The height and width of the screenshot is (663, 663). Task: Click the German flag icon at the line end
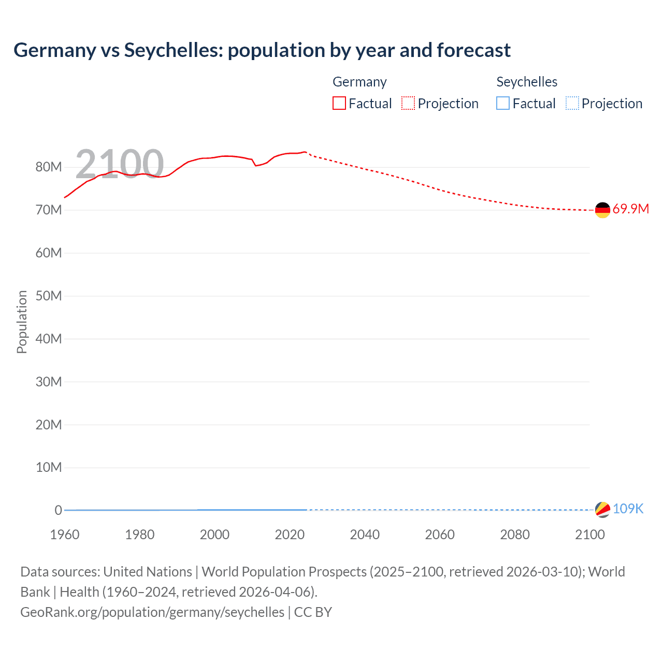coord(602,210)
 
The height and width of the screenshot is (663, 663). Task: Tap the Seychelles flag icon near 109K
coord(602,509)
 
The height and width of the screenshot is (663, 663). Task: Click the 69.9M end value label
coord(630,209)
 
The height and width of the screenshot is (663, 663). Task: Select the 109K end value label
coord(628,509)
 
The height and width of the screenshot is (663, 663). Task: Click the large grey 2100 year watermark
coord(120,164)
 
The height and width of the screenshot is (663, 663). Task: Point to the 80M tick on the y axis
coord(49,167)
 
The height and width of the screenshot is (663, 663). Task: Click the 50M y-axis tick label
coord(49,296)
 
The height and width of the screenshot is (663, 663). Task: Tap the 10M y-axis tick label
coord(49,467)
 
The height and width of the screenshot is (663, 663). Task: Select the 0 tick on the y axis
coord(58,510)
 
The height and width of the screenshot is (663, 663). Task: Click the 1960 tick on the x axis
coord(65,535)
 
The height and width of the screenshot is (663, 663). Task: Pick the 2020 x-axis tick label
coord(290,535)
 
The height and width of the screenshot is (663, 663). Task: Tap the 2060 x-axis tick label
coord(440,535)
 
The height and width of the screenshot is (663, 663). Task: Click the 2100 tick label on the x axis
coord(589,535)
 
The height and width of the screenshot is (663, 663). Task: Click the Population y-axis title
coord(22,322)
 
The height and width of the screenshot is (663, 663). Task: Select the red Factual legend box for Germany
coord(339,104)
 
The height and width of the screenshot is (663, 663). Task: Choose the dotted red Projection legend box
coord(408,104)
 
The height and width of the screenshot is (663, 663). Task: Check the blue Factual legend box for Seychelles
coord(503,104)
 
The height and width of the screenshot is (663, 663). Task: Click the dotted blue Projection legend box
coord(572,104)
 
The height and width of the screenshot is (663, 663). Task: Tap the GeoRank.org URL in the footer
coord(152,612)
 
